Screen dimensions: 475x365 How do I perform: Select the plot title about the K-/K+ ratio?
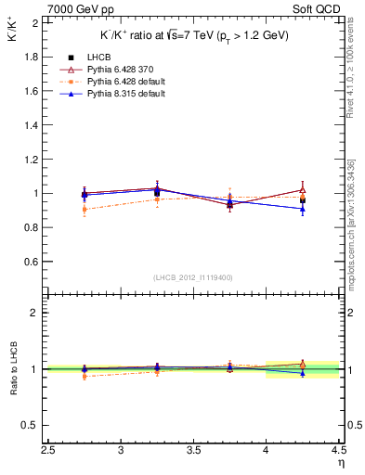tap(194, 34)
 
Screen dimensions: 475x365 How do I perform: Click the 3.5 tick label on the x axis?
tap(194, 451)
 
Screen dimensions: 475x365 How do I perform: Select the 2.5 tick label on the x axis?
tap(49, 451)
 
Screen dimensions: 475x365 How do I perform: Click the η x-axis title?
tap(341, 463)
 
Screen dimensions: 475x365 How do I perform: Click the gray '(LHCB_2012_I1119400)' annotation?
tap(194, 277)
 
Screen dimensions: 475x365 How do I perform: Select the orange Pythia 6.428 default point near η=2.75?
tap(85, 210)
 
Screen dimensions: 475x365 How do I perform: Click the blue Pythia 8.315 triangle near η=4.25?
tap(302, 209)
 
